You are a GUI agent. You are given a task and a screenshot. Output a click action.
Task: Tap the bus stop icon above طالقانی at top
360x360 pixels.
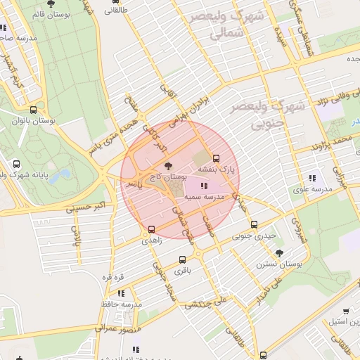(x=116, y=11)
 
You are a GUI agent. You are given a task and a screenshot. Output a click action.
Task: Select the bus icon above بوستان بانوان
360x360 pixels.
(x=34, y=110)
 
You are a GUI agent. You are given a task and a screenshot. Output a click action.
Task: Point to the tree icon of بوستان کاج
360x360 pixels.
(x=167, y=166)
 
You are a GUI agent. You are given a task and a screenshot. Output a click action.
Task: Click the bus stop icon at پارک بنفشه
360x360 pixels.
(x=216, y=158)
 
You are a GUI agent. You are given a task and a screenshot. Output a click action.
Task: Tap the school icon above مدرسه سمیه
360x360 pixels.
(x=204, y=186)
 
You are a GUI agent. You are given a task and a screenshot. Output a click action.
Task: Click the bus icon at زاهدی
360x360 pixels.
(x=151, y=229)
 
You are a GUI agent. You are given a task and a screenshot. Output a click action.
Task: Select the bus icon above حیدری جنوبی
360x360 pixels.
(x=255, y=225)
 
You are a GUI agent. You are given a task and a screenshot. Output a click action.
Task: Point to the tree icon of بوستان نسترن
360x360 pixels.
(x=280, y=253)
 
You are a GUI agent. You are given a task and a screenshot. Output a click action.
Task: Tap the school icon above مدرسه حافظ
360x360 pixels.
(x=121, y=293)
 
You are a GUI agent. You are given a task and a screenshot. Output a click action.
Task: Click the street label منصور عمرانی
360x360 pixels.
(x=117, y=328)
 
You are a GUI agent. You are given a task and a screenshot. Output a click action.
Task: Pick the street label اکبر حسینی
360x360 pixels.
(x=89, y=209)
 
